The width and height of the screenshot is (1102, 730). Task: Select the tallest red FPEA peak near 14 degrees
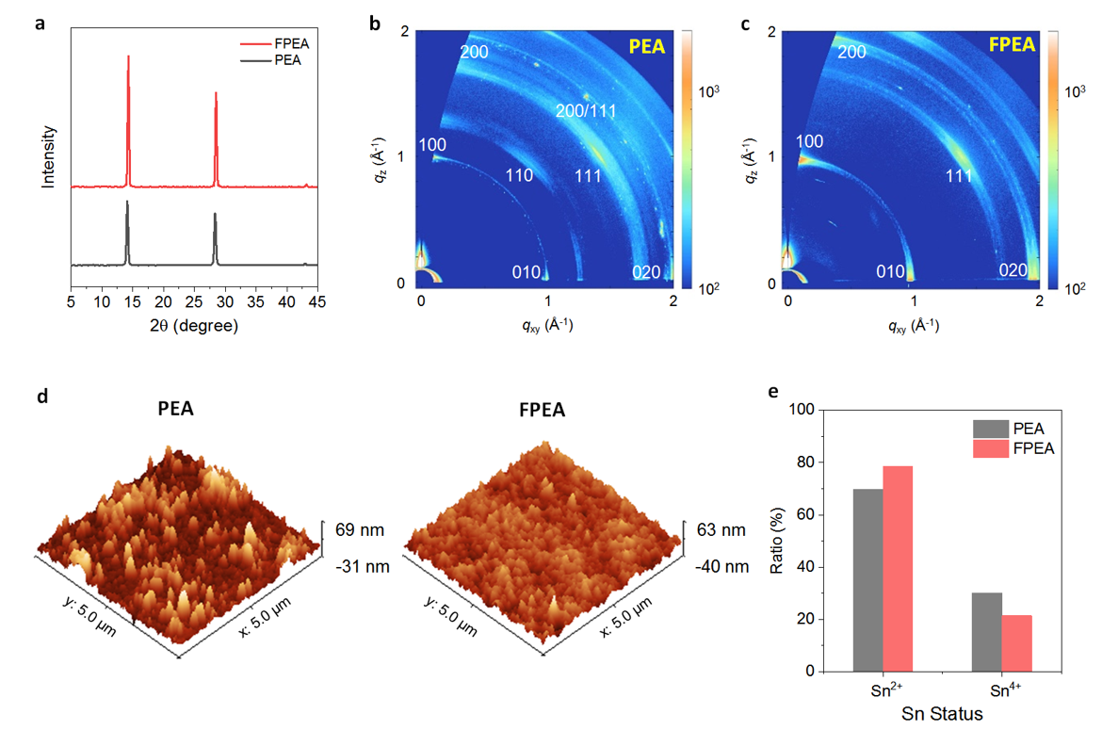tap(129, 58)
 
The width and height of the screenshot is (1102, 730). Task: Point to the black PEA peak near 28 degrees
tap(215, 217)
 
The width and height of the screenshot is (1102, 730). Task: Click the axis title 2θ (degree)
tap(194, 326)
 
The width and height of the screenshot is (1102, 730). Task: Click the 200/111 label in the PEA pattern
tap(584, 111)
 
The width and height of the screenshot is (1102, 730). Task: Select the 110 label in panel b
tap(520, 175)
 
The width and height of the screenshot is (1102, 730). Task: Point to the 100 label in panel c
tap(810, 141)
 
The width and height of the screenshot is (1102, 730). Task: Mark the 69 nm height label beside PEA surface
tap(360, 530)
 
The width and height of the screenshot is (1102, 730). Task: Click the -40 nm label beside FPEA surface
tap(722, 566)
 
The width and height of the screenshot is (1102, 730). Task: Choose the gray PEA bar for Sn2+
tap(868, 580)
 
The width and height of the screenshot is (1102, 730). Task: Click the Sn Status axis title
tap(942, 714)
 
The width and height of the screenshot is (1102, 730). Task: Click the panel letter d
tap(41, 397)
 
